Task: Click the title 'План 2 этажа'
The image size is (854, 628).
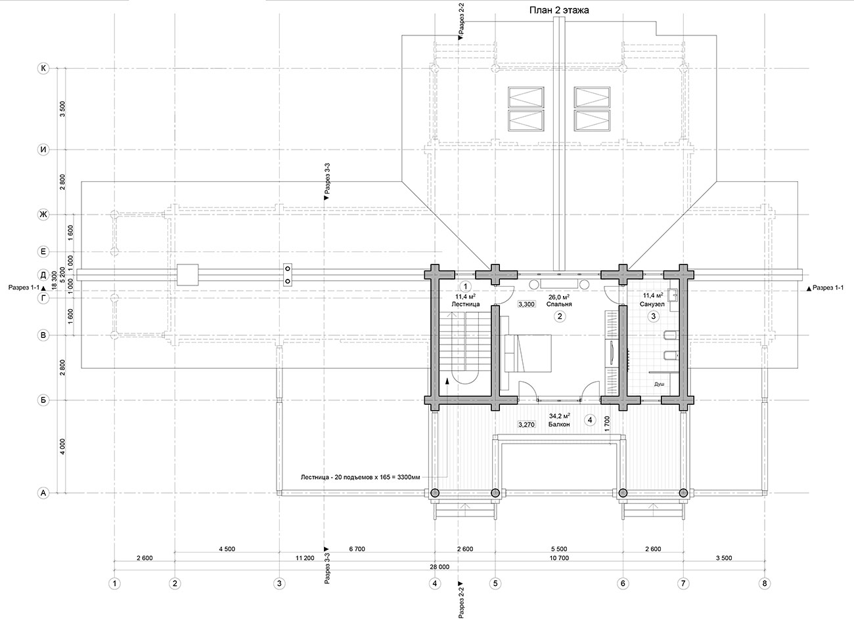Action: click(x=559, y=10)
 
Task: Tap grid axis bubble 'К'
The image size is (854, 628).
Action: click(x=43, y=68)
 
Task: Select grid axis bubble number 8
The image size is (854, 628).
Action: click(x=765, y=583)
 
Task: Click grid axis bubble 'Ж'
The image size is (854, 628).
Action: click(x=43, y=215)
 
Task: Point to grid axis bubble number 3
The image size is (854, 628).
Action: click(x=279, y=583)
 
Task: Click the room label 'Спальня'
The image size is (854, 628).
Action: click(x=559, y=304)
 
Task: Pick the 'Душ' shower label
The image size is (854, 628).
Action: click(x=659, y=385)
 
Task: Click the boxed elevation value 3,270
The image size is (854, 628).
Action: click(x=526, y=425)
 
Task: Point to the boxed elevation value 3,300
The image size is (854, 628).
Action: click(x=526, y=304)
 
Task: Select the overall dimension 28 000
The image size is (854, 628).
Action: click(x=439, y=567)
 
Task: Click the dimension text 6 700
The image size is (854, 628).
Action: click(x=357, y=549)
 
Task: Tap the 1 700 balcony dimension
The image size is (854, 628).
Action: click(x=608, y=423)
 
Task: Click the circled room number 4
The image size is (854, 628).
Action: click(x=590, y=421)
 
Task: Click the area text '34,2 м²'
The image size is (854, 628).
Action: click(x=559, y=415)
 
